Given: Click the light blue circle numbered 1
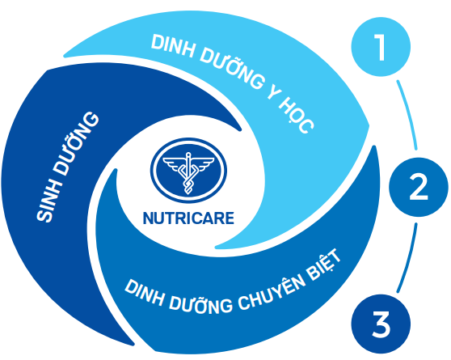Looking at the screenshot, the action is tap(381, 47).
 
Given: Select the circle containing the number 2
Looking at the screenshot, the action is tap(419, 187).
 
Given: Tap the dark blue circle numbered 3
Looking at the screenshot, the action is tap(381, 324).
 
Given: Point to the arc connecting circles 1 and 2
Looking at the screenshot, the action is tap(409, 114).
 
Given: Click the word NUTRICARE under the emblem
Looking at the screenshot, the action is tap(188, 218).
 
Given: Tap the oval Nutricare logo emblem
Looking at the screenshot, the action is tap(188, 170).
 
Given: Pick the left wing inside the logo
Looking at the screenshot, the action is tap(173, 164).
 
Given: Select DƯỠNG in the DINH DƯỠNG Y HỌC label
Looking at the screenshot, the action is tap(230, 68).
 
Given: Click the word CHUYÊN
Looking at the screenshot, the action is tap(272, 292).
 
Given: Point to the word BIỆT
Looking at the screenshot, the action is tap(324, 265).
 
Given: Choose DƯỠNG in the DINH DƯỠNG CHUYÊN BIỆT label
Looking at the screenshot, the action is tap(200, 305).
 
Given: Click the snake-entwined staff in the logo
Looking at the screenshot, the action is tap(188, 173).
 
